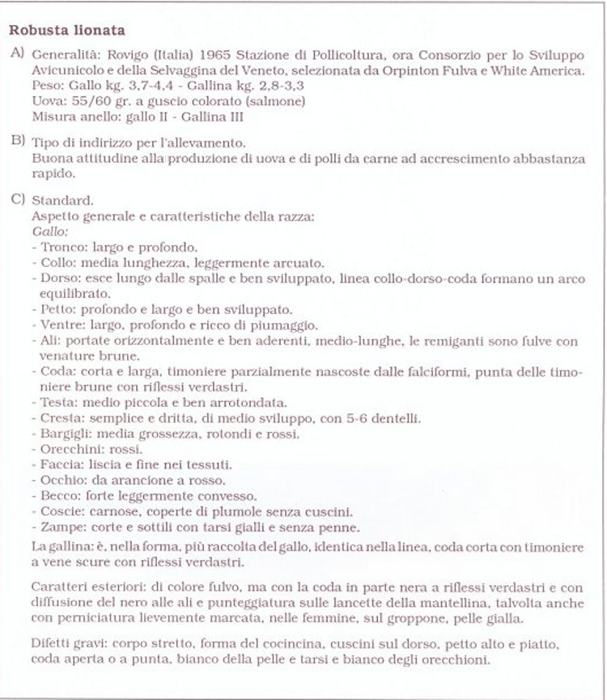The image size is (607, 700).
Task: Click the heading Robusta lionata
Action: click(66, 32)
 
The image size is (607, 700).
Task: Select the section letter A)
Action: click(17, 54)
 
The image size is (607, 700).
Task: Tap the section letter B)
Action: click(17, 141)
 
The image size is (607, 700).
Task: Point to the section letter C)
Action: click(17, 199)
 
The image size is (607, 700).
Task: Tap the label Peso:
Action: click(45, 86)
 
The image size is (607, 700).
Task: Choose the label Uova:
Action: click(47, 100)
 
